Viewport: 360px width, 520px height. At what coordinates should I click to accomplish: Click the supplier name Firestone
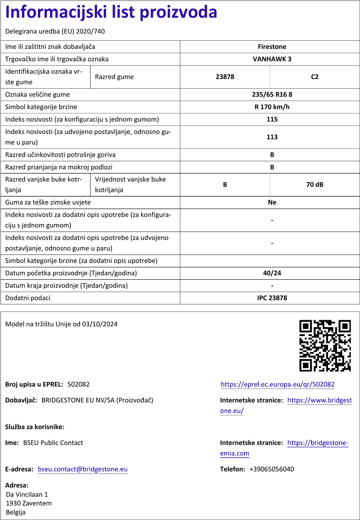pos(272,47)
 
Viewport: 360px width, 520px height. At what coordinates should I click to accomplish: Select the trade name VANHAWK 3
pos(272,59)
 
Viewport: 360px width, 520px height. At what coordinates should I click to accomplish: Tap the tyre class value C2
pos(315,77)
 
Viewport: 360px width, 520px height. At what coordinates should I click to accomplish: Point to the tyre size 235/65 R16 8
pos(272,95)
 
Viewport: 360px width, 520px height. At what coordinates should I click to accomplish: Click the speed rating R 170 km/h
pos(272,107)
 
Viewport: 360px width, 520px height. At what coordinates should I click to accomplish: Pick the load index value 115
pos(272,119)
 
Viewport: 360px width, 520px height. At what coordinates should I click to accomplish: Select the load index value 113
pos(272,137)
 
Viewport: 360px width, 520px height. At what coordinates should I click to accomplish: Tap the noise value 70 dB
pos(315,185)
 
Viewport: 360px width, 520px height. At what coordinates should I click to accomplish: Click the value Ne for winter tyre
pos(272,202)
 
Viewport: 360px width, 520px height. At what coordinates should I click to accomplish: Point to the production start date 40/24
pos(272,273)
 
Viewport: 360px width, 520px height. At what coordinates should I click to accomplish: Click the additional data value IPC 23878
pos(272,298)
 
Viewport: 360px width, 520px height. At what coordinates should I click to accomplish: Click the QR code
pos(325,346)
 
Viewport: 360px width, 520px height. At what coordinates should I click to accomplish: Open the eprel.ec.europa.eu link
pos(278,385)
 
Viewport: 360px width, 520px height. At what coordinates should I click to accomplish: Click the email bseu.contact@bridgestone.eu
pos(82,469)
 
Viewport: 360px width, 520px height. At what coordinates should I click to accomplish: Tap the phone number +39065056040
pos(271,469)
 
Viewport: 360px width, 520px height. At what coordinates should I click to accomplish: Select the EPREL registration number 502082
pos(78,385)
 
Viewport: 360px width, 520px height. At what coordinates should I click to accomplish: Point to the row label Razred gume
pos(114,77)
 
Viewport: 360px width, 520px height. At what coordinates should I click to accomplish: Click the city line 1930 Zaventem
pos(29,503)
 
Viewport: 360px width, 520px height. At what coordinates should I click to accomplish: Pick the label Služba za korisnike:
pos(35,427)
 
